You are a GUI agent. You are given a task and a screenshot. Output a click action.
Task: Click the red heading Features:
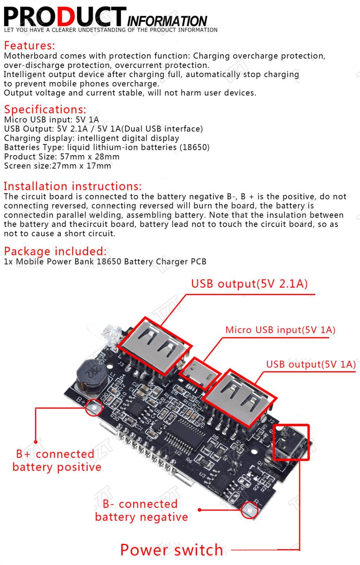[x=30, y=46]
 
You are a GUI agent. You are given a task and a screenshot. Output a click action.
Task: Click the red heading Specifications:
[x=45, y=109]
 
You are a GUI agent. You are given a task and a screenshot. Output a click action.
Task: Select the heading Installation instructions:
[x=72, y=186]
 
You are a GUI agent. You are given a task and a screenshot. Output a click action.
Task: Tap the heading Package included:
[x=55, y=251]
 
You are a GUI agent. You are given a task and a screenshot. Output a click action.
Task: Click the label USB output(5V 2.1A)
[x=249, y=284]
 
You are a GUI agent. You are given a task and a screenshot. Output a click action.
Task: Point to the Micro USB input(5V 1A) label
[x=280, y=330]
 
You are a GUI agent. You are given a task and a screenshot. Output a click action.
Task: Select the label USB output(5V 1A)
[x=311, y=364]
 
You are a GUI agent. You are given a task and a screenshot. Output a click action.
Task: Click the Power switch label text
[x=172, y=550]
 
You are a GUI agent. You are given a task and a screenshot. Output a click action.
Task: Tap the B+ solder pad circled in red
[x=94, y=407]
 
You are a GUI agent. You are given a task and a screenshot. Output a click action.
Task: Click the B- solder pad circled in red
[x=250, y=509]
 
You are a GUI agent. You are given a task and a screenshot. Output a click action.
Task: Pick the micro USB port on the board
[x=199, y=373]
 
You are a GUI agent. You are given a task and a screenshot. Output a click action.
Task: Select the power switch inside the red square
[x=291, y=442]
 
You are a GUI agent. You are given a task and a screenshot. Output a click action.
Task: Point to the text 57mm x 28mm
[x=90, y=157]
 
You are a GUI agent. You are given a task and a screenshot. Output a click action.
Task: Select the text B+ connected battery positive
[x=56, y=461]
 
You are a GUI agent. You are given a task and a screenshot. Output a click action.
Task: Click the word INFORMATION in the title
[x=167, y=21]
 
